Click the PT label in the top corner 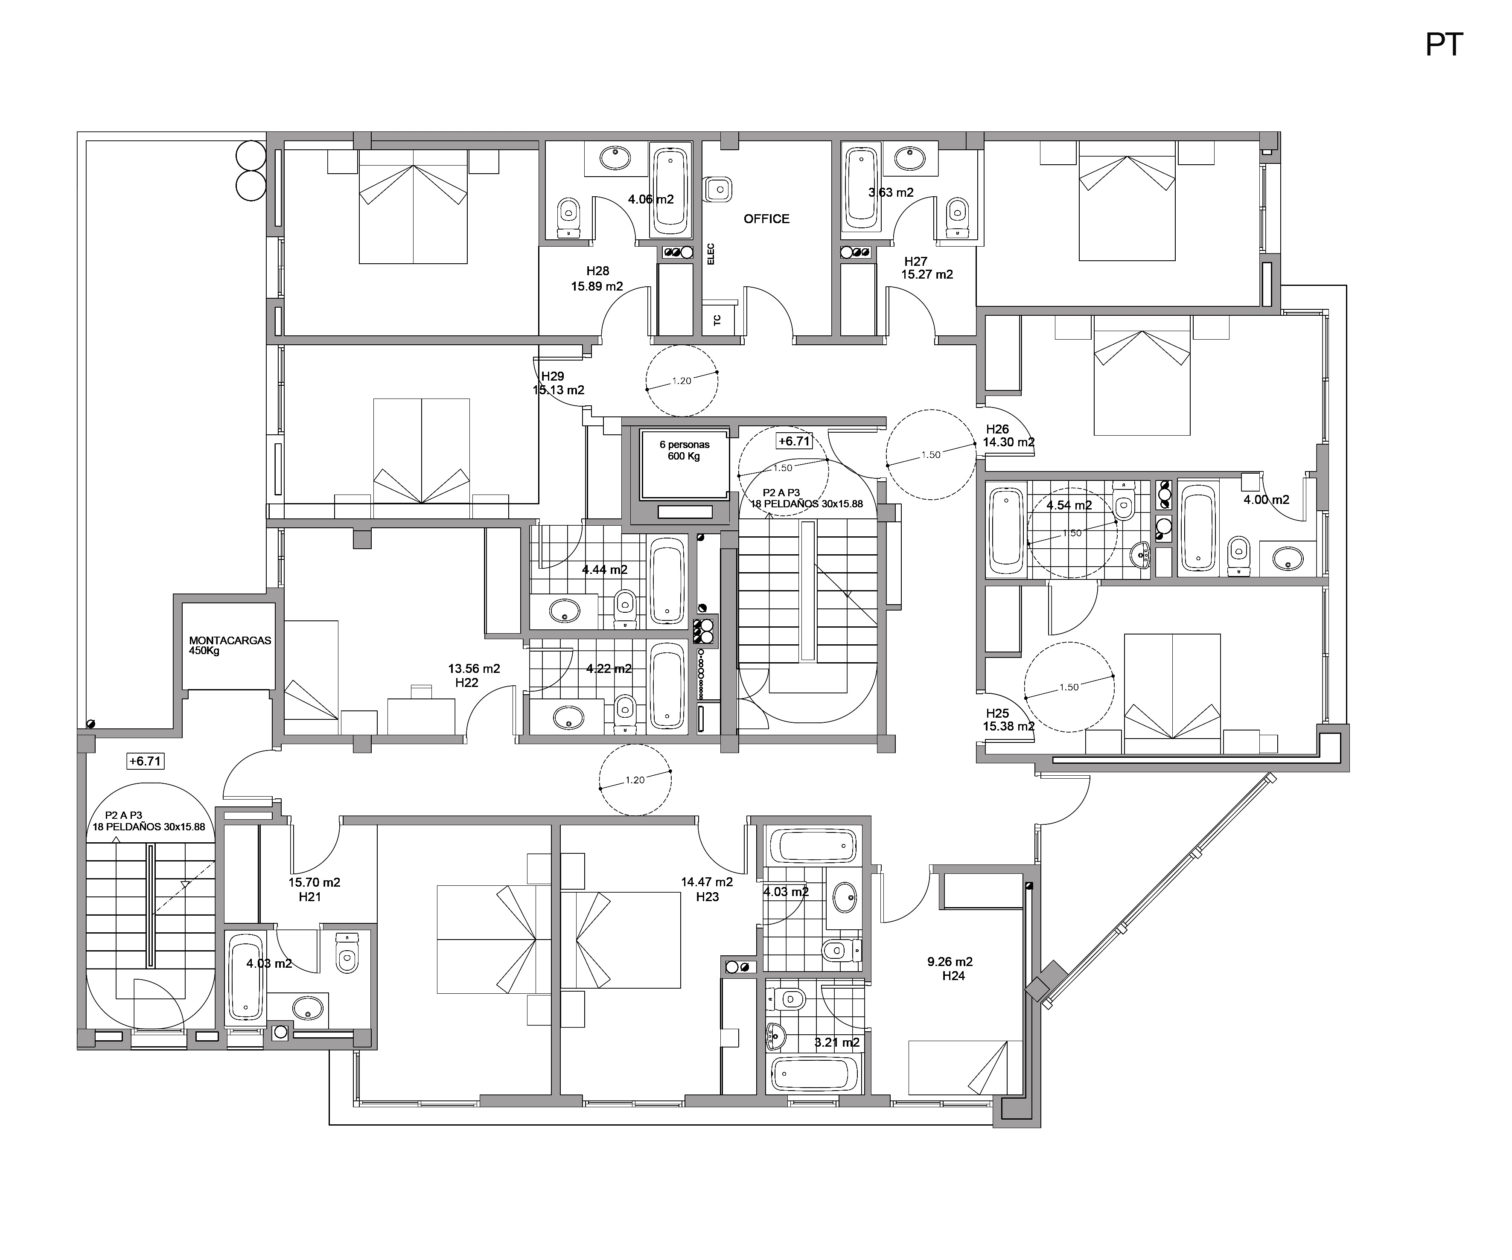point(1444,45)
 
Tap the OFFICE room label point(766,219)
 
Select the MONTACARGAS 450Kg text point(230,645)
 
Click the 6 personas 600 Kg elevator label point(684,451)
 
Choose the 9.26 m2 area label point(950,962)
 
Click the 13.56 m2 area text point(474,669)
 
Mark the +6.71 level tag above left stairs point(145,761)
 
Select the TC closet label point(717,320)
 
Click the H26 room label point(997,429)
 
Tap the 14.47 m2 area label point(707,882)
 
